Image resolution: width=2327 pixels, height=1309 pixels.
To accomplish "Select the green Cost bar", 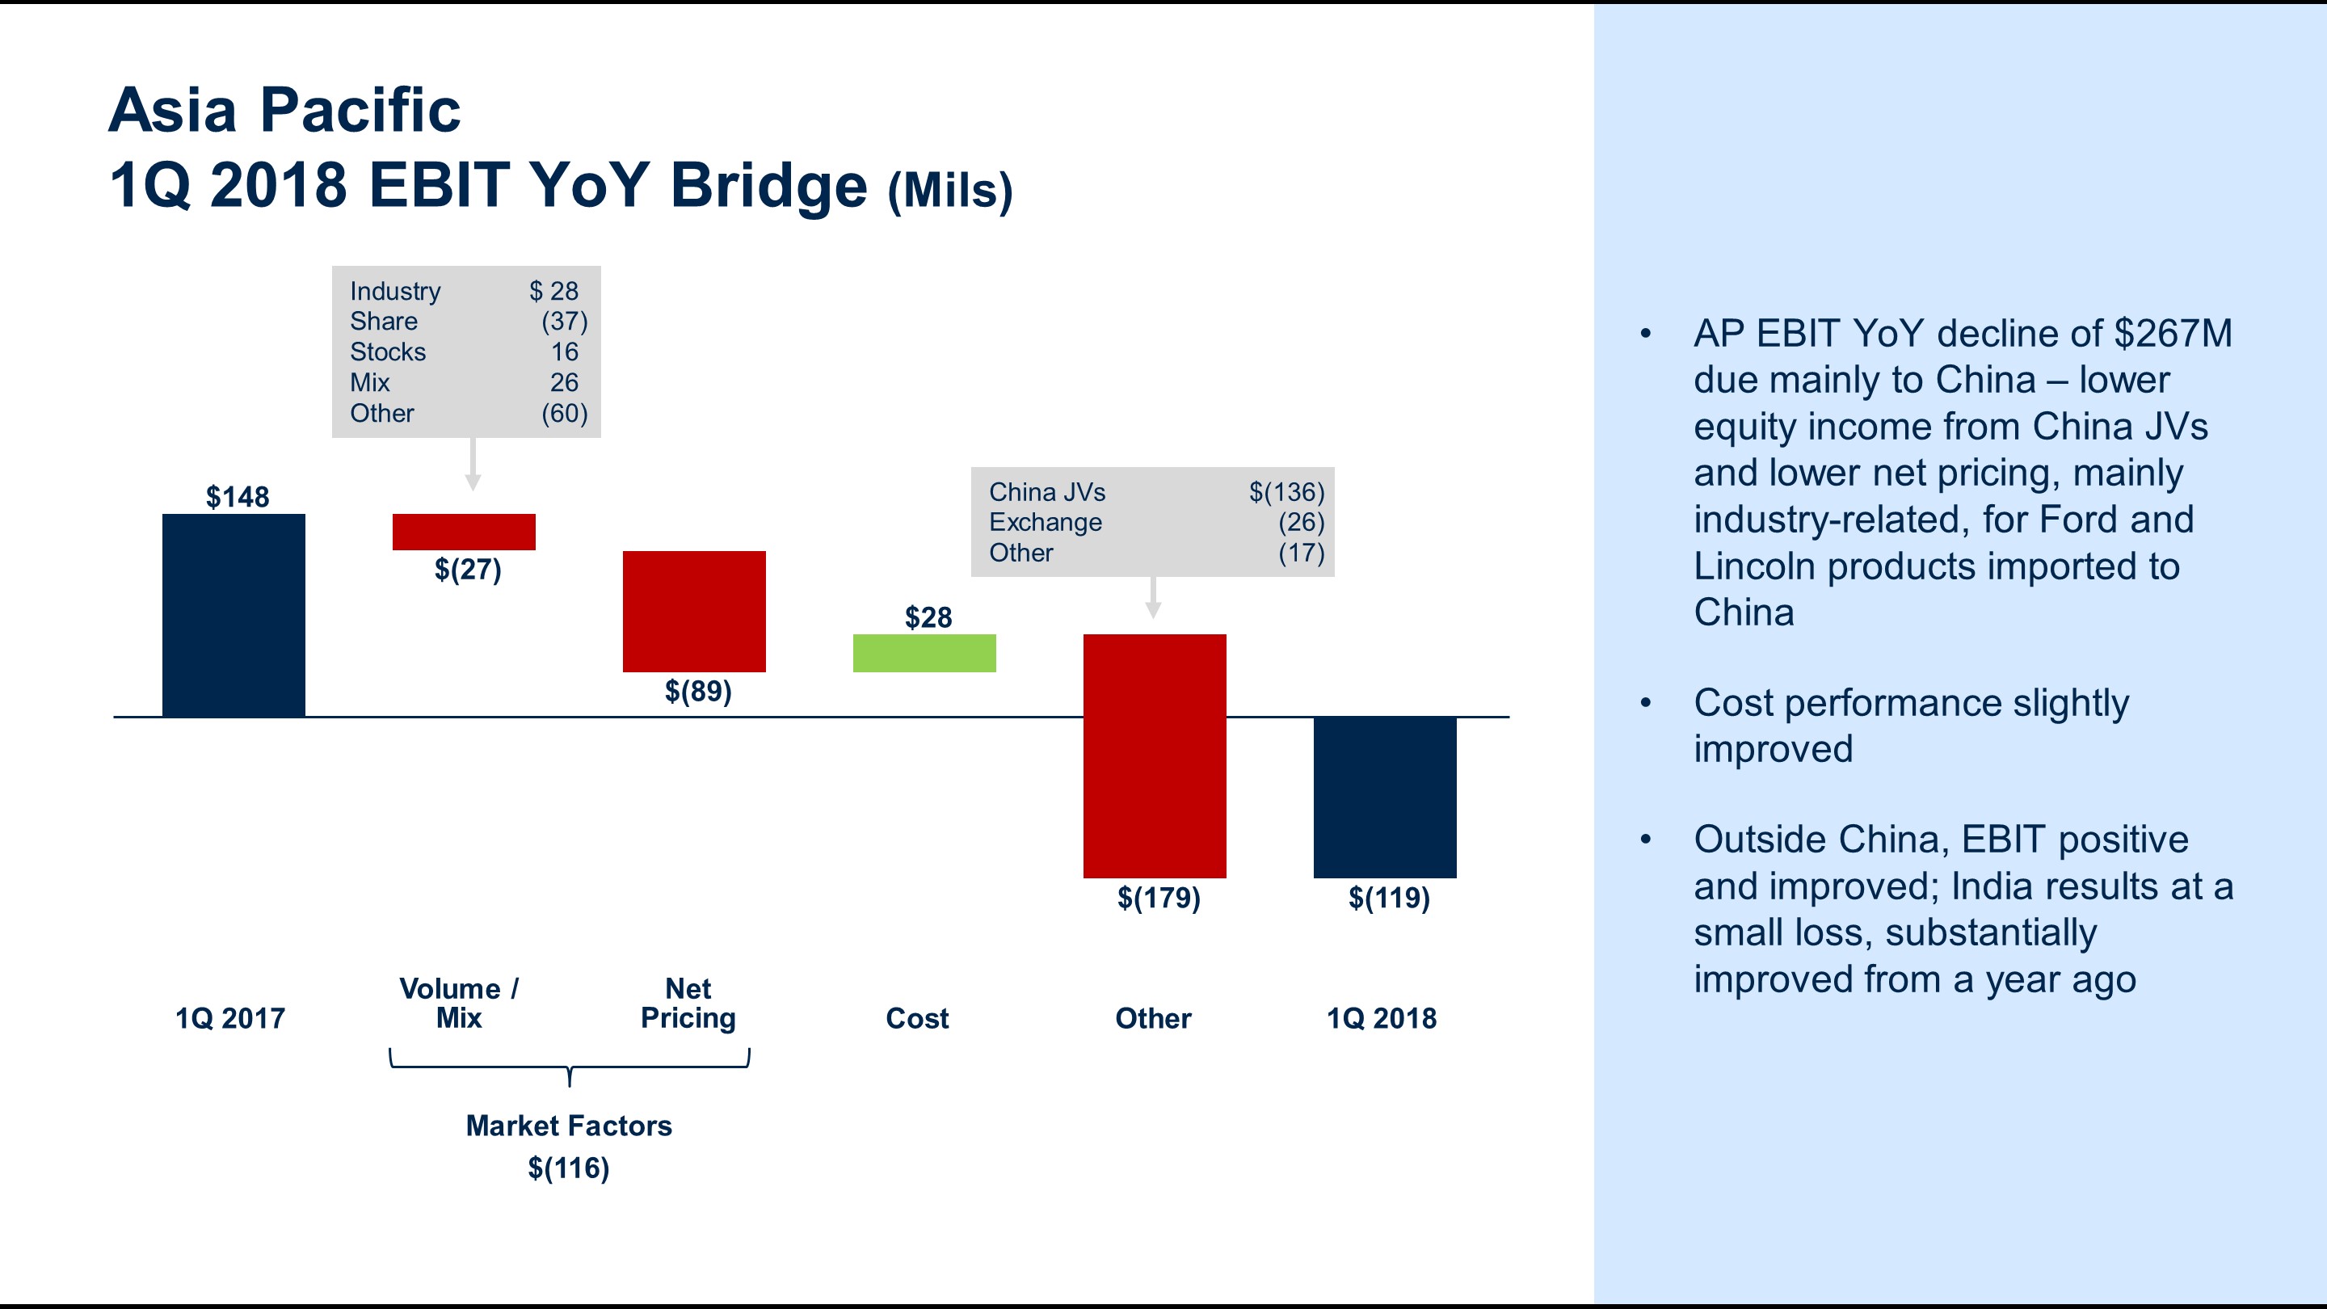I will [924, 652].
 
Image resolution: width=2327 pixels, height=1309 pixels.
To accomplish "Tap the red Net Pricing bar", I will [694, 611].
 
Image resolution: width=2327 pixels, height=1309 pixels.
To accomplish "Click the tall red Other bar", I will [1155, 756].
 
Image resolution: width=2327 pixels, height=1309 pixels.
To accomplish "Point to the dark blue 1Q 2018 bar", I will [1385, 796].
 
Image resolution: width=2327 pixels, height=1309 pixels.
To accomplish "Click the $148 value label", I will [238, 497].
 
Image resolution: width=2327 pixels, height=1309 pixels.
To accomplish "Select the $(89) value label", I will [698, 691].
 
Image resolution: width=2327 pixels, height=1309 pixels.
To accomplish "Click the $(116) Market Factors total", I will [569, 1168].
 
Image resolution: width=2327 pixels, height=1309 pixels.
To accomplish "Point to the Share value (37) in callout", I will [565, 322].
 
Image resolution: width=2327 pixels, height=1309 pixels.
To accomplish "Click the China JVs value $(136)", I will [1286, 492].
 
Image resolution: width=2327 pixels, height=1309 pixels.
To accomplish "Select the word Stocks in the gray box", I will [388, 352].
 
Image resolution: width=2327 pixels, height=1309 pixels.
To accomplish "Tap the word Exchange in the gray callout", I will [1046, 522].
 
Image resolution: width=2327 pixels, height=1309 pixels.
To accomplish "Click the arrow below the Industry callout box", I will [473, 466].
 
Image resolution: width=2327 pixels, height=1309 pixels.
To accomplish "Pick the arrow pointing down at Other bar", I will [1153, 598].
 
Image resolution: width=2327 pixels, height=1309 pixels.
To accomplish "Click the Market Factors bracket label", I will [569, 1126].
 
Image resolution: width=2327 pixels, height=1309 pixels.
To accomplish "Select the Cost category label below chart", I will [917, 1018].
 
